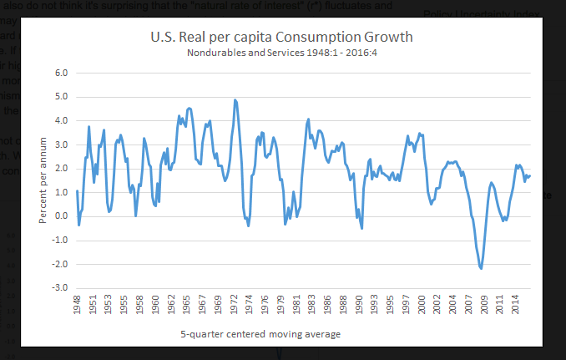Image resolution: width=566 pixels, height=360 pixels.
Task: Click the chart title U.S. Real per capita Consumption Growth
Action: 280,38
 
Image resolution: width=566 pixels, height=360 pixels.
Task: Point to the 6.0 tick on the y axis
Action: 61,73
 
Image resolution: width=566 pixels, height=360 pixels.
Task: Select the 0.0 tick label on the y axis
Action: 61,216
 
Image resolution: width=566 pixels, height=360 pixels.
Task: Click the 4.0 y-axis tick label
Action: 61,120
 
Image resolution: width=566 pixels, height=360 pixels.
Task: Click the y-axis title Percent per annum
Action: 43,180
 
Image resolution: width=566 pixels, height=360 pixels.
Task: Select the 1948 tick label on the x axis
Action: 78,307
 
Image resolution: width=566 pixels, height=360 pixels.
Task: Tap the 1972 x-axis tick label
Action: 237,307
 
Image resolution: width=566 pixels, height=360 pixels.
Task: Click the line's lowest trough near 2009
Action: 482,268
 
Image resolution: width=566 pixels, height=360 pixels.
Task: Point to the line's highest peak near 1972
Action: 235,100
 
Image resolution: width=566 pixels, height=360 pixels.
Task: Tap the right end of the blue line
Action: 530,175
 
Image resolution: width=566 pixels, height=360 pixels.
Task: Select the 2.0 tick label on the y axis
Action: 61,169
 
